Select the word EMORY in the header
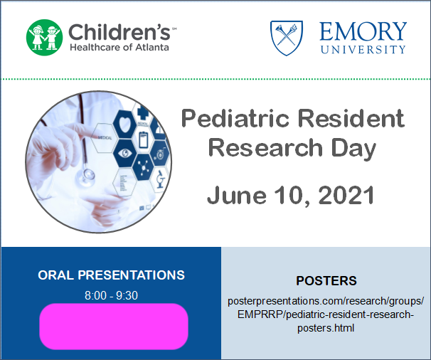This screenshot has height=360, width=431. pos(363,31)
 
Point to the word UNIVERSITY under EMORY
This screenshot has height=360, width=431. pos(363,49)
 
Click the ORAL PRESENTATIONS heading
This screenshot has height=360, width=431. pos(111,275)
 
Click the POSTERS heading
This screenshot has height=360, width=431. pos(326,280)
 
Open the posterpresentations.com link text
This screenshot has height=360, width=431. pos(326,314)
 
